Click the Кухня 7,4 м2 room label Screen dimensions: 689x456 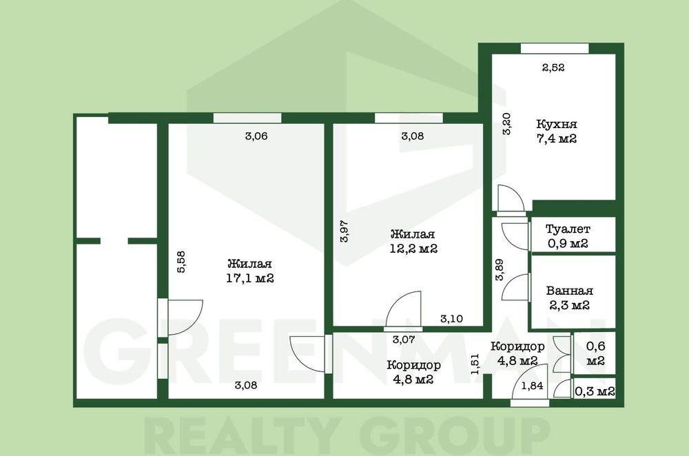(x=557, y=132)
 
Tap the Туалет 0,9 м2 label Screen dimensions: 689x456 (x=568, y=236)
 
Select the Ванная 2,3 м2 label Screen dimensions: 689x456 (x=570, y=298)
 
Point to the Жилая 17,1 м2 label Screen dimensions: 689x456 (x=250, y=271)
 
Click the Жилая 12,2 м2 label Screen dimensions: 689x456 (x=413, y=241)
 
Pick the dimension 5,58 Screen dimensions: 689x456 (x=181, y=262)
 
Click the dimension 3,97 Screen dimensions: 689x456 (x=344, y=231)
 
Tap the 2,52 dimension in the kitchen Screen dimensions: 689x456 (x=553, y=68)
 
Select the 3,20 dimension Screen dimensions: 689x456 (x=506, y=124)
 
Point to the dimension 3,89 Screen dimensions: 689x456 (x=500, y=270)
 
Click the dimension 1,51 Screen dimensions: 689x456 (x=475, y=364)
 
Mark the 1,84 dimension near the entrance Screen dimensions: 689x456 (x=532, y=386)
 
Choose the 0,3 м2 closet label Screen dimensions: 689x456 (x=595, y=391)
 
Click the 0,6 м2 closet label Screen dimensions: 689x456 (x=595, y=353)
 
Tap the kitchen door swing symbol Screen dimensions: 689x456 (x=511, y=198)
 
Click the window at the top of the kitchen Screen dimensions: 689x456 (x=555, y=48)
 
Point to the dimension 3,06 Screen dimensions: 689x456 (x=256, y=136)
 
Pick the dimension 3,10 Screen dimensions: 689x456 (x=452, y=319)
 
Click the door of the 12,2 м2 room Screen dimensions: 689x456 (x=403, y=310)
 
